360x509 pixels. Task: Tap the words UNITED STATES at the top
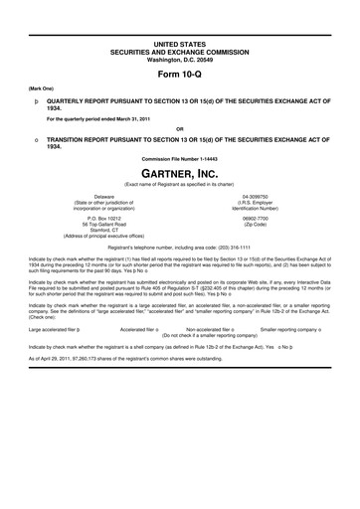coord(179,18)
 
